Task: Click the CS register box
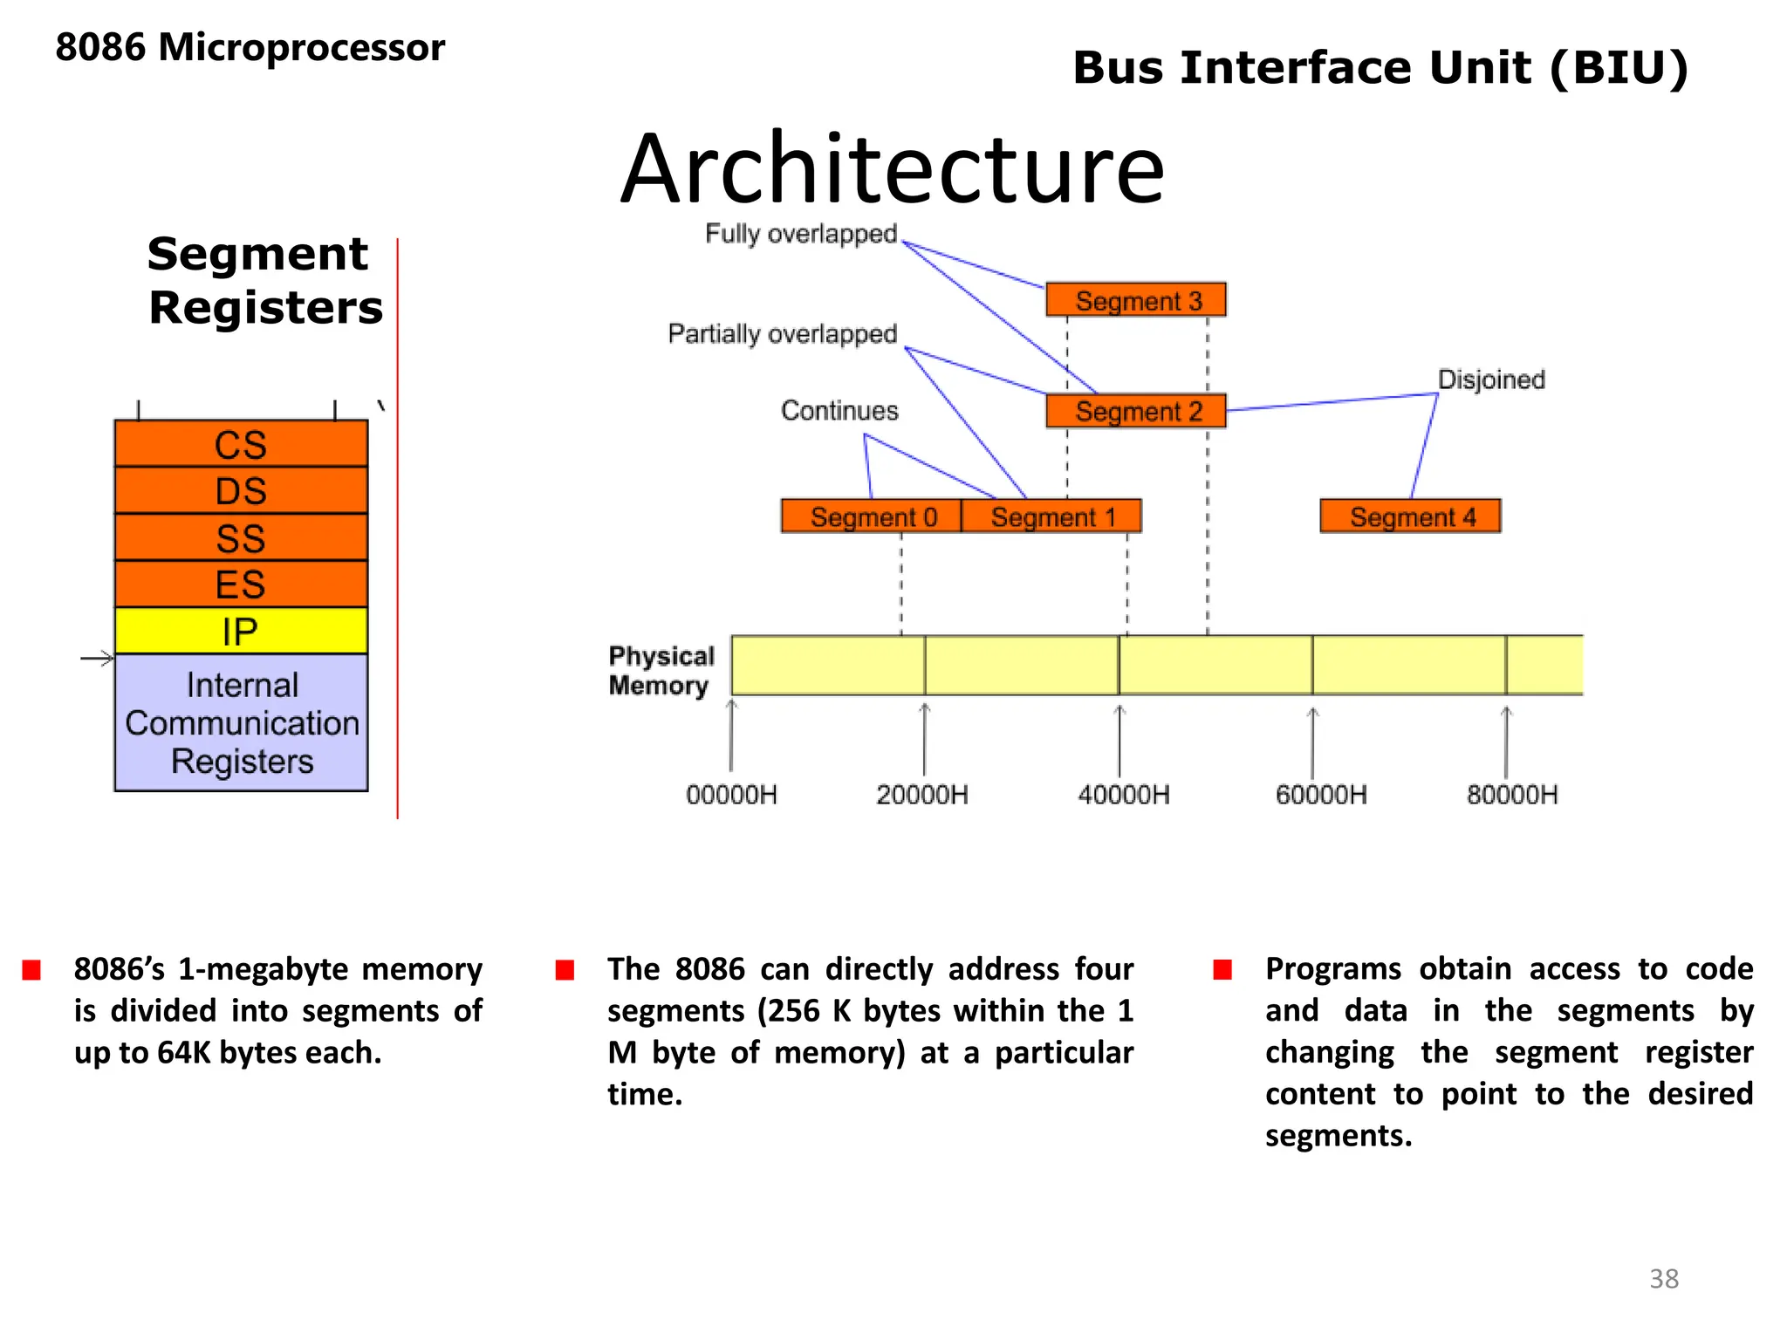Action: (x=241, y=444)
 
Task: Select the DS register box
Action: (x=241, y=491)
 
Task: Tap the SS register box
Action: (x=241, y=538)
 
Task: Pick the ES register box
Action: (x=241, y=585)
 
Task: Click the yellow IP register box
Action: (x=241, y=631)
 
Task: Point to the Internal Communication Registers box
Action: (x=241, y=722)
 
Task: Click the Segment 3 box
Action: (x=1136, y=300)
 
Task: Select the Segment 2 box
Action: (x=1136, y=411)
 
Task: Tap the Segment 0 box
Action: (x=872, y=516)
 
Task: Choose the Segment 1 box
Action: (x=1052, y=516)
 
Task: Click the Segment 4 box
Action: (x=1411, y=516)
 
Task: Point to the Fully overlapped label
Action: (x=801, y=234)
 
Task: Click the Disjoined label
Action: (x=1491, y=379)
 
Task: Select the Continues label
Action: (x=839, y=411)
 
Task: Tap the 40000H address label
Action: (x=1123, y=795)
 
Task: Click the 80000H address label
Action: (x=1511, y=795)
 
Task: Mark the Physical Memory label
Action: (x=661, y=670)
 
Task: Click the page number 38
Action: (x=1663, y=1279)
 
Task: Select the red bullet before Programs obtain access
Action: (x=1222, y=970)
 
